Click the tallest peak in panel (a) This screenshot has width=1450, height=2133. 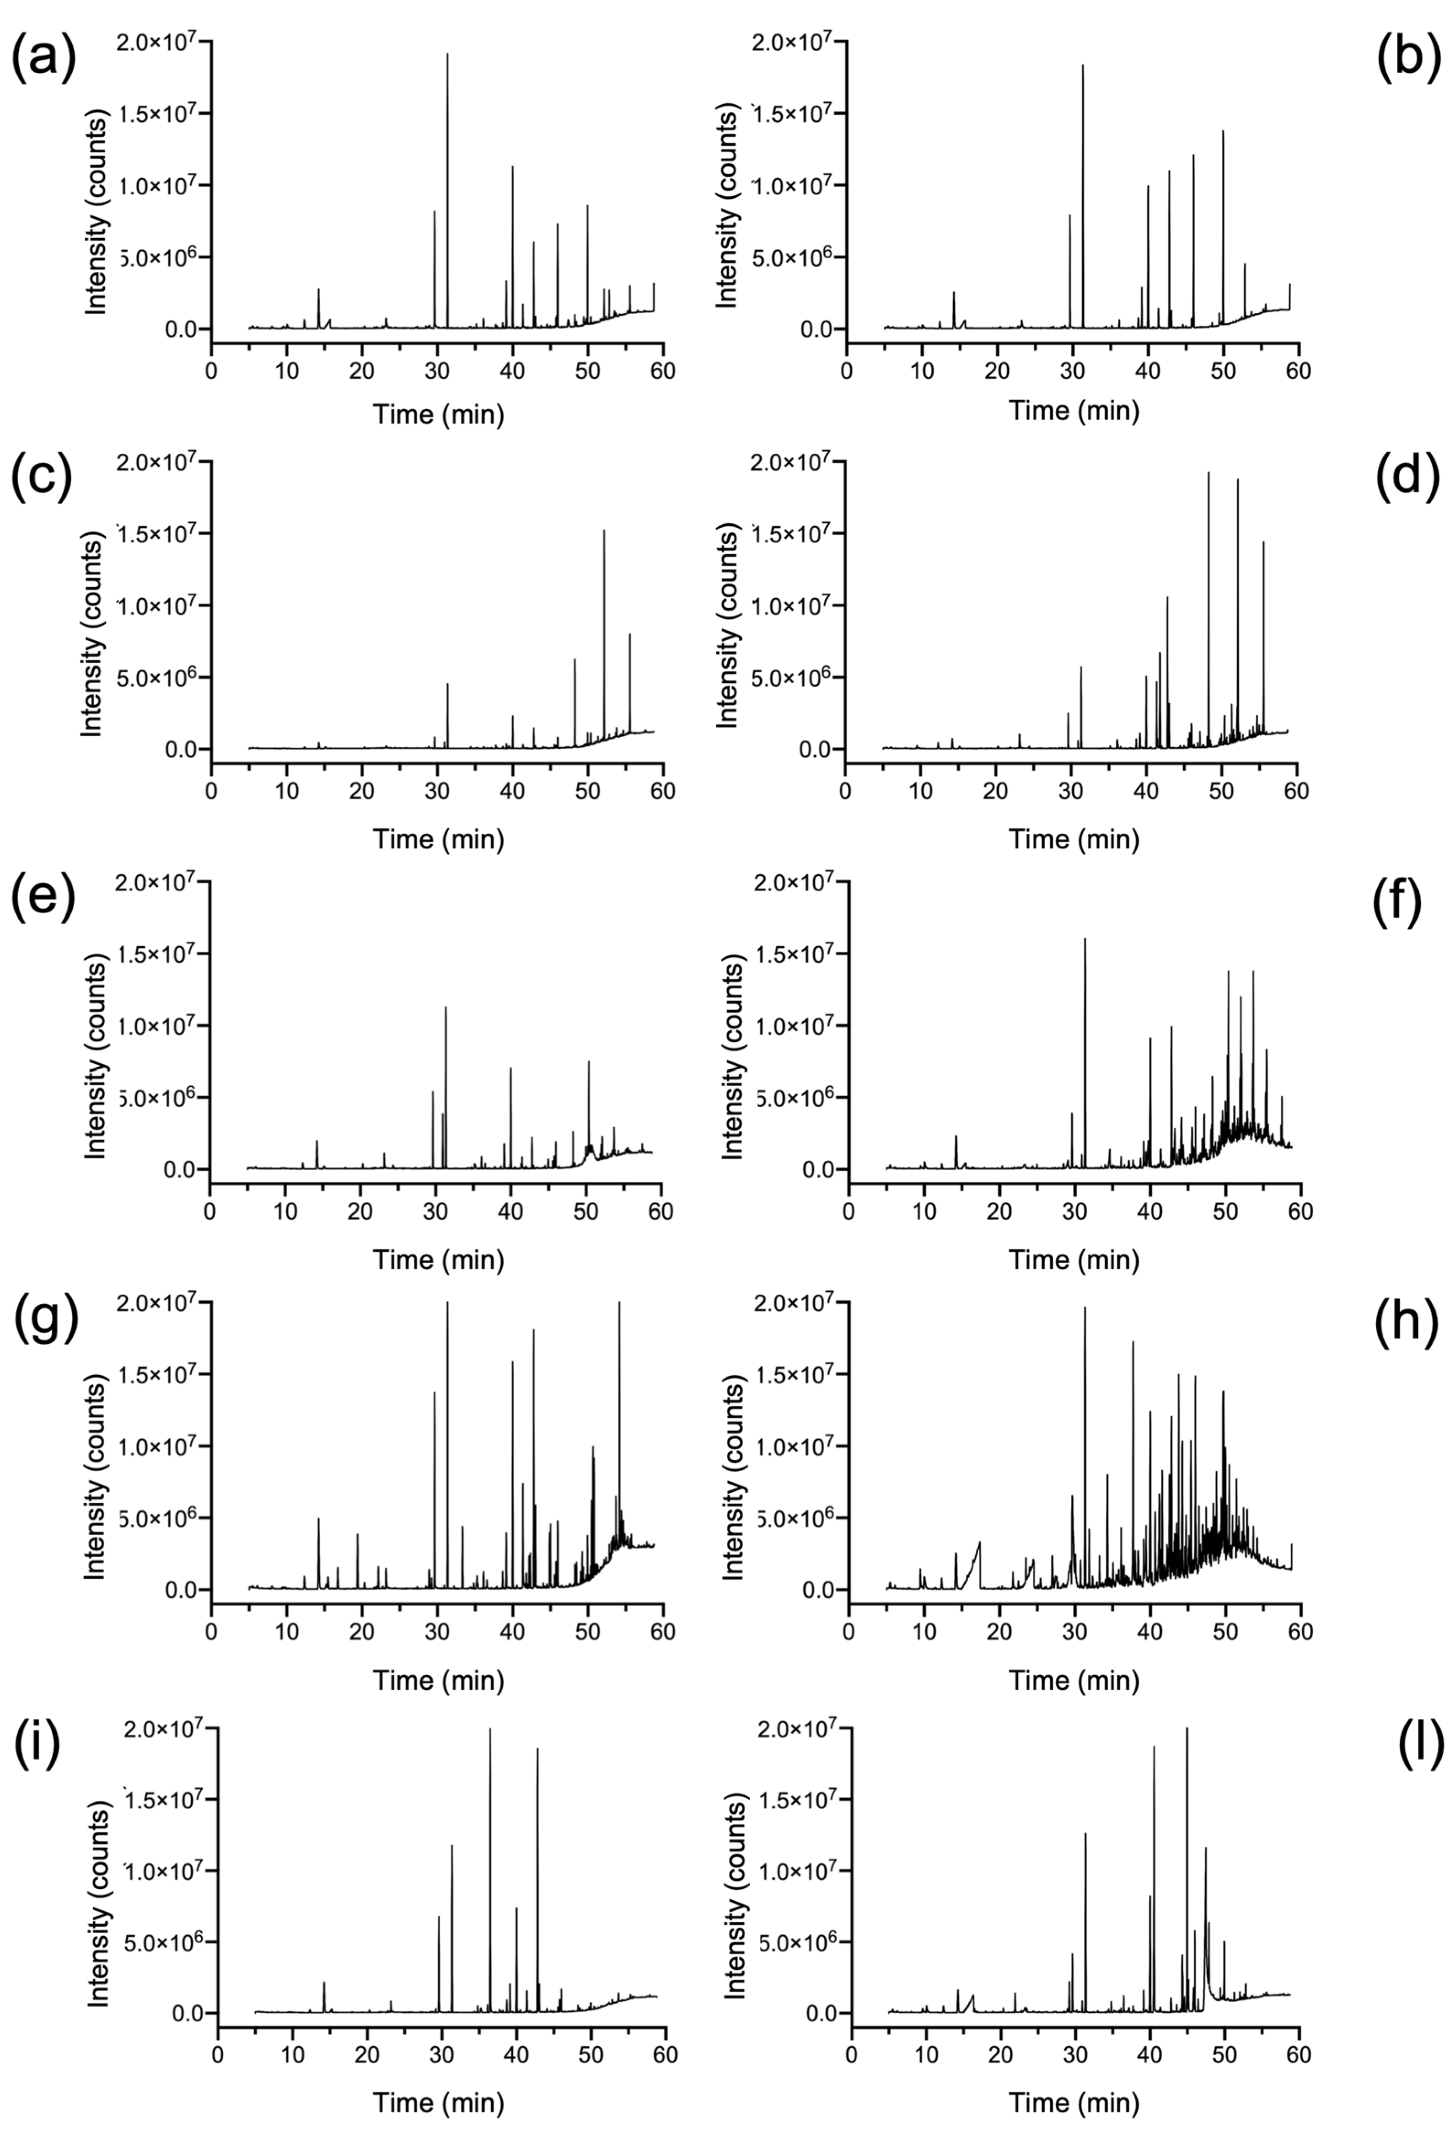point(448,55)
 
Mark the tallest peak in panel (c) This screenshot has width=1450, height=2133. point(604,531)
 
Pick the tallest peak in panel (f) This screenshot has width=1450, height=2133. point(1085,939)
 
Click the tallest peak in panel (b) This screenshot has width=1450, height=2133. point(1083,66)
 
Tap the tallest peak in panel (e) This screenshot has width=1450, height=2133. point(446,1008)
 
